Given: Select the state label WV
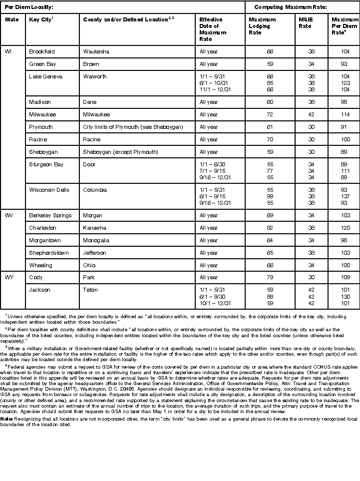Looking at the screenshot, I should [x=9, y=215].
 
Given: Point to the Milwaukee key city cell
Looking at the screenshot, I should [x=42, y=114].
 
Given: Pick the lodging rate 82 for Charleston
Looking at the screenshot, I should [x=270, y=228].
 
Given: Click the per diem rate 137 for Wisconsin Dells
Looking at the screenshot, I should [x=345, y=196].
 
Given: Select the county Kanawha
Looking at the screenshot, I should [x=95, y=228].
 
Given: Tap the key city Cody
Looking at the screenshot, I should [x=36, y=277].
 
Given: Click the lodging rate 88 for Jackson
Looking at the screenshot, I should [x=270, y=296].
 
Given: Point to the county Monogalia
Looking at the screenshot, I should [x=97, y=240].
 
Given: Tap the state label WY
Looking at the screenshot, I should [x=9, y=277].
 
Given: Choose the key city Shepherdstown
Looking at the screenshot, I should [x=48, y=253].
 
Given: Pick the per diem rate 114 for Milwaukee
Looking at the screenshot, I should [x=345, y=114].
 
